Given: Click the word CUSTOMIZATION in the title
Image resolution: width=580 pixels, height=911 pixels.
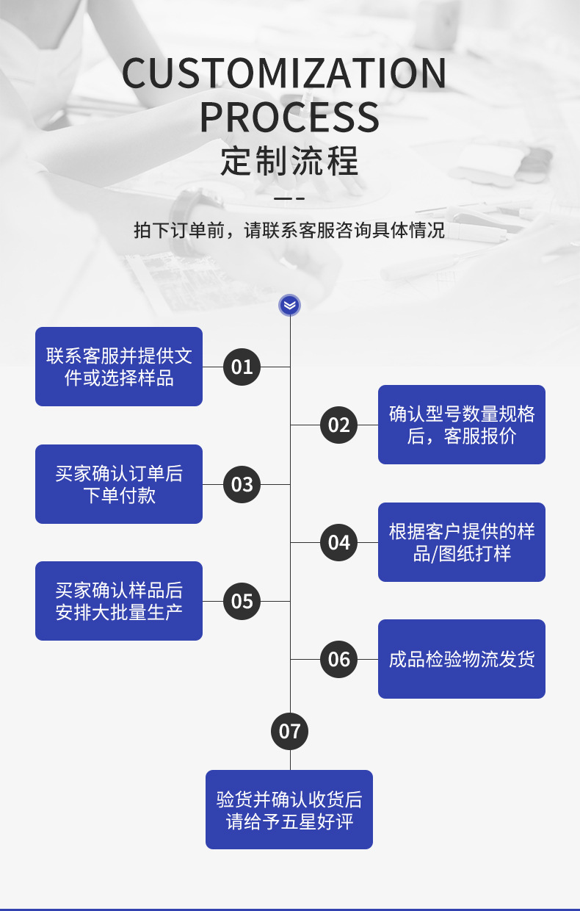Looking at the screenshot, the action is pos(284,73).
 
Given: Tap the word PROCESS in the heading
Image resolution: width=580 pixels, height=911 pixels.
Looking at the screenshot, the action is pos(289,117).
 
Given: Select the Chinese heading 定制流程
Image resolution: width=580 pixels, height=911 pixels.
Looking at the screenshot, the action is pos(289,161).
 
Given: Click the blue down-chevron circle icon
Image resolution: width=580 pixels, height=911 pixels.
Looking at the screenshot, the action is pos(290,305).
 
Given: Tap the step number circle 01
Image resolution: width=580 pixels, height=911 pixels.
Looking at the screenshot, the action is pos(242,367).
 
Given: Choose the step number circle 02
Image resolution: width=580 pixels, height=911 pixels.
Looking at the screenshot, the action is pos(338,425).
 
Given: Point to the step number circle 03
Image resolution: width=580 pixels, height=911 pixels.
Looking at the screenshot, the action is pos(242,484).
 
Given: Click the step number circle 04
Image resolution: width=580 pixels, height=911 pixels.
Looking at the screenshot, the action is pos(338,542).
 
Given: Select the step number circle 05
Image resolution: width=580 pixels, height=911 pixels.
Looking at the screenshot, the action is pos(242,601).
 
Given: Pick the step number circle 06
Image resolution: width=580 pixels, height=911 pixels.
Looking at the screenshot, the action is pos(338,659).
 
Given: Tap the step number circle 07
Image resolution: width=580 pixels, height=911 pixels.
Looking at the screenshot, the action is pos(290,731).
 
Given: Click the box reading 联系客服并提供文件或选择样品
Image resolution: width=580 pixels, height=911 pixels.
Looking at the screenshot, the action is pos(119,367).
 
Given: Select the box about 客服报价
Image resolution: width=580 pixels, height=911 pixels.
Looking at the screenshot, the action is pos(461,425).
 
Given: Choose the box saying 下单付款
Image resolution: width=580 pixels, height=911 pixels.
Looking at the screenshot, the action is pos(119,484).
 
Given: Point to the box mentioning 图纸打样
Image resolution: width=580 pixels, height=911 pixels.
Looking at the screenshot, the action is pos(461,542).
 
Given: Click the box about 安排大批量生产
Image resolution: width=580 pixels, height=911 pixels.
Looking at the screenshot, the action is pos(119,601).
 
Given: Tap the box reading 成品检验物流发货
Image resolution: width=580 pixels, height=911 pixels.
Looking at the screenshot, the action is pos(461,659).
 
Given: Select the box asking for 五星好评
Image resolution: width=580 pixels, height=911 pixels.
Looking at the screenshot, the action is pos(289,810).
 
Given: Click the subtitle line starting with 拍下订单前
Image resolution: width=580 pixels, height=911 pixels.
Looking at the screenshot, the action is pos(289,230).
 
